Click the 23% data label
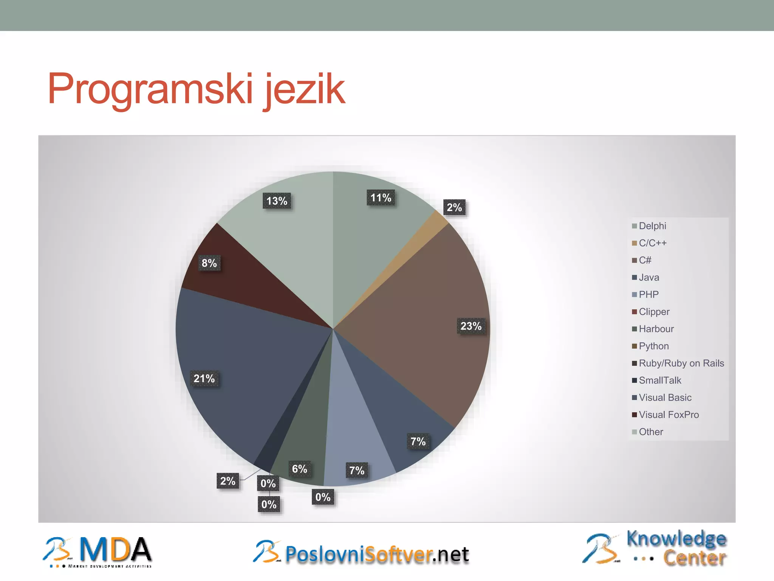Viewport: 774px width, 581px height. click(x=471, y=326)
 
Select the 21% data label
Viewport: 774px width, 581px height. click(x=204, y=379)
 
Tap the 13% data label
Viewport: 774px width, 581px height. click(x=277, y=201)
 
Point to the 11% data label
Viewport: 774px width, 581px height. click(x=381, y=198)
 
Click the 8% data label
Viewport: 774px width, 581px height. click(x=209, y=263)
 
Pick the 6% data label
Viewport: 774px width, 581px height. click(x=299, y=469)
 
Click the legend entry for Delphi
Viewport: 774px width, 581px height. click(x=652, y=226)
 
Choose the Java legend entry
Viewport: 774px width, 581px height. click(x=649, y=278)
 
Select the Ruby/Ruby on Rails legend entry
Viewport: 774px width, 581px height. click(x=681, y=364)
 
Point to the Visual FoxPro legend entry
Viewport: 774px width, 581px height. click(x=669, y=415)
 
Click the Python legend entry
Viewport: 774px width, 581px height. click(x=653, y=346)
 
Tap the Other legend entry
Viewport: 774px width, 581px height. click(x=650, y=432)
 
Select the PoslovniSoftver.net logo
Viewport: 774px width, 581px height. click(x=361, y=553)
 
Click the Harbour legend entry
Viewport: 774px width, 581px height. click(x=656, y=329)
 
